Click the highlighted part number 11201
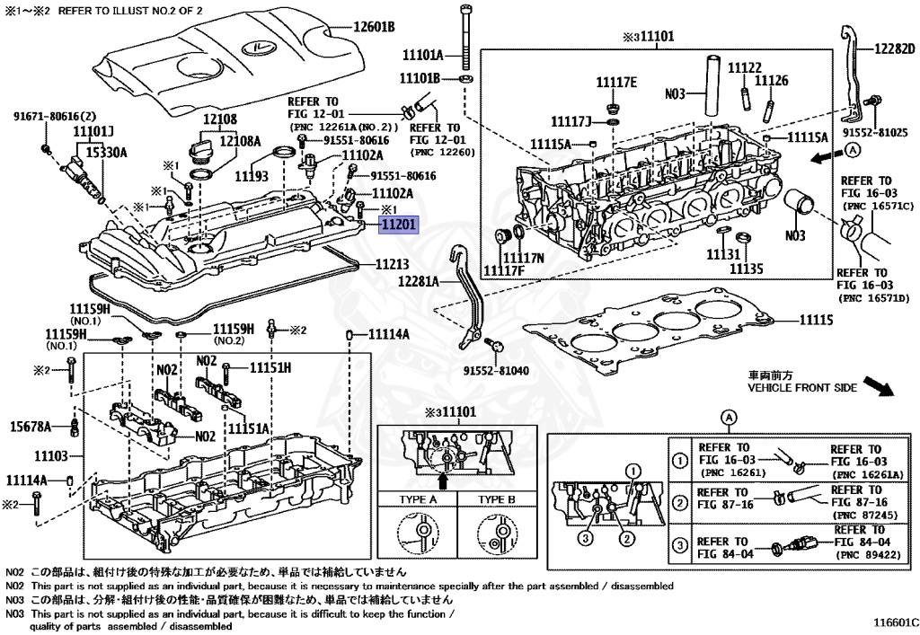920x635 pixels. coord(398,225)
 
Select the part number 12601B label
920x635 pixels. coord(373,28)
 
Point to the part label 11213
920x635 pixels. coord(392,265)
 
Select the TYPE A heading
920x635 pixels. coord(418,499)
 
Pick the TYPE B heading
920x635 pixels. coord(496,499)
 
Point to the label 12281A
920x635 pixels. coord(419,281)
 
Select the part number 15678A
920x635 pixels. coord(31,425)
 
